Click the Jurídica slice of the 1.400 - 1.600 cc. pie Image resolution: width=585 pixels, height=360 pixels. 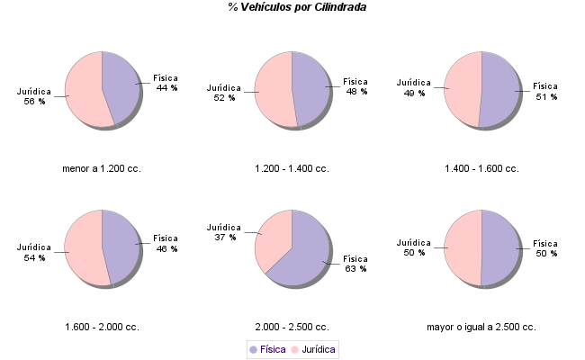[x=463, y=89]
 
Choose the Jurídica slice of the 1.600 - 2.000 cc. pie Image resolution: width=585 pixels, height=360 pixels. [x=83, y=248]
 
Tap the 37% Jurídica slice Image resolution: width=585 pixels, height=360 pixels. [x=274, y=237]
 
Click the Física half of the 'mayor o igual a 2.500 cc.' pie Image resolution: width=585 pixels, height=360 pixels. [x=500, y=247]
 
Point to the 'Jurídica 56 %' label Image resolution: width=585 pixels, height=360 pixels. [x=34, y=96]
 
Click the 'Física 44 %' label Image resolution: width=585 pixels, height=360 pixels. [x=166, y=84]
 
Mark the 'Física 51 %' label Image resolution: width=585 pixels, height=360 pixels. [x=545, y=92]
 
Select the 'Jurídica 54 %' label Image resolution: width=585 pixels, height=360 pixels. [x=34, y=252]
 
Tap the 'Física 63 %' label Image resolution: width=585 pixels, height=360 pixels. [x=356, y=263]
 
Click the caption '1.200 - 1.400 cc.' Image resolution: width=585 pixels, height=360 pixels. [x=292, y=168]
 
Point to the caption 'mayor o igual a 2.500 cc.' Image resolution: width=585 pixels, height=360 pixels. [x=481, y=327]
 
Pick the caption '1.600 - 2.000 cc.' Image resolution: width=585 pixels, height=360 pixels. [x=102, y=327]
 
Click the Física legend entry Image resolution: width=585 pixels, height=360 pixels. [x=267, y=349]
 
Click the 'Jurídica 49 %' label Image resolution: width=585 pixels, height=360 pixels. [x=414, y=87]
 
